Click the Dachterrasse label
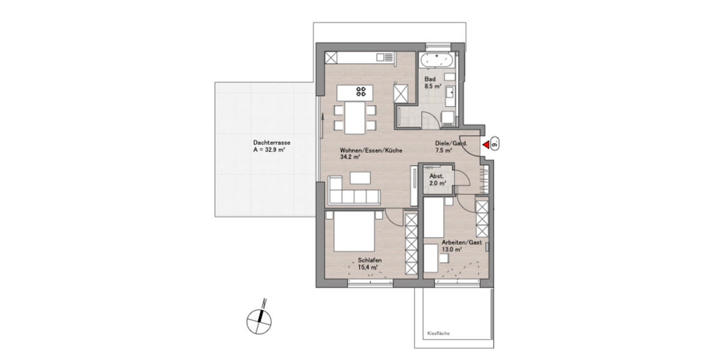point(272,143)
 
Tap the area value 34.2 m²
point(349,157)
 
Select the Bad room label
point(430,79)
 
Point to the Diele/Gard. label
point(451,143)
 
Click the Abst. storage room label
point(436,176)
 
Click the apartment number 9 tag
point(496,144)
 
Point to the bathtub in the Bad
point(437,60)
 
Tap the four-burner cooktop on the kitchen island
point(362,92)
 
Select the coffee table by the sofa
point(361,178)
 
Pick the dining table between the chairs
point(354,118)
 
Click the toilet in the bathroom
point(446,116)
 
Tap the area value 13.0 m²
point(452,250)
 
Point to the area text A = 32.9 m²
point(273,151)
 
